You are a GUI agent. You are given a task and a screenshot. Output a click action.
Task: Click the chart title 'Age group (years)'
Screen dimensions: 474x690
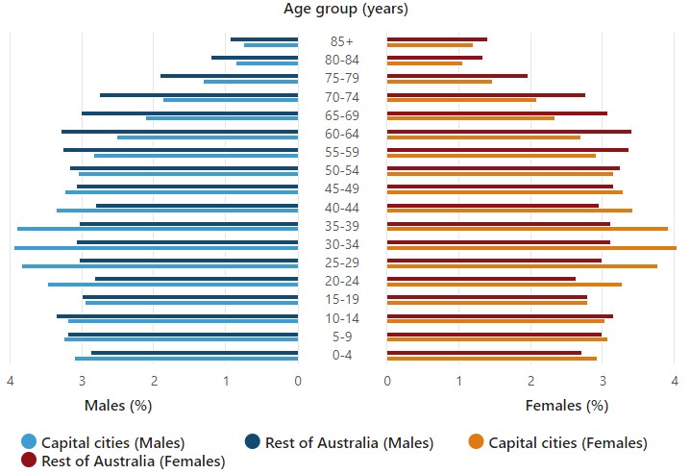point(345,10)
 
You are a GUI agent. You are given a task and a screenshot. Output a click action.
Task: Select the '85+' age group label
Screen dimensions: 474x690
point(342,41)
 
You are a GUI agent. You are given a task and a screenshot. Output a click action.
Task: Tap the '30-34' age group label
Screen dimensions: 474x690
point(342,244)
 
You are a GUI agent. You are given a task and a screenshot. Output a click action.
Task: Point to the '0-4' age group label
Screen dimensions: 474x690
point(342,355)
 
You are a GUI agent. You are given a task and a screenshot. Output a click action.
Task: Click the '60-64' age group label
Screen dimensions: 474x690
point(342,134)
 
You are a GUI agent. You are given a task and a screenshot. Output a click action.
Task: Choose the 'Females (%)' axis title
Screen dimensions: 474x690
point(566,406)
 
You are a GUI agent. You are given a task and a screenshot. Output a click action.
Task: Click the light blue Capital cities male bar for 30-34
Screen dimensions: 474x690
point(156,248)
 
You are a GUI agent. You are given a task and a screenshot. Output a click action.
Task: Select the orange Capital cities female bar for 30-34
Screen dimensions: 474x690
point(531,248)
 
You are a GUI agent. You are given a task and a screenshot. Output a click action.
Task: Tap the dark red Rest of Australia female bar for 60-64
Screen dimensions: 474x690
point(509,131)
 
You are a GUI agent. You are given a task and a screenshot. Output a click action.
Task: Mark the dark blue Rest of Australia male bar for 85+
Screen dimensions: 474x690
point(264,39)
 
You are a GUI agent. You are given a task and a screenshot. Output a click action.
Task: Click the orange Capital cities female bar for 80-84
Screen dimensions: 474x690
point(425,63)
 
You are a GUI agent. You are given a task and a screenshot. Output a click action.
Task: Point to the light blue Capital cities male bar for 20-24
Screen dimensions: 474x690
point(173,285)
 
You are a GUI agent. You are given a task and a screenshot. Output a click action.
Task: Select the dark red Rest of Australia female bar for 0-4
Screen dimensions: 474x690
point(484,352)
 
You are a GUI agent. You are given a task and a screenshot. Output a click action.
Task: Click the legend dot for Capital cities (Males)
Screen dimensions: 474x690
point(28,442)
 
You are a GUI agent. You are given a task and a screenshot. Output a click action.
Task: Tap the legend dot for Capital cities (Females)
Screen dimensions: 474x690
point(475,442)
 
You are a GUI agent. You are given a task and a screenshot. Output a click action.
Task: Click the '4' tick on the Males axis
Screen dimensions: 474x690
point(11,382)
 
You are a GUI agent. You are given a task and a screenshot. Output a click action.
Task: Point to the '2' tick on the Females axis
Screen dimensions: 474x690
point(531,382)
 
